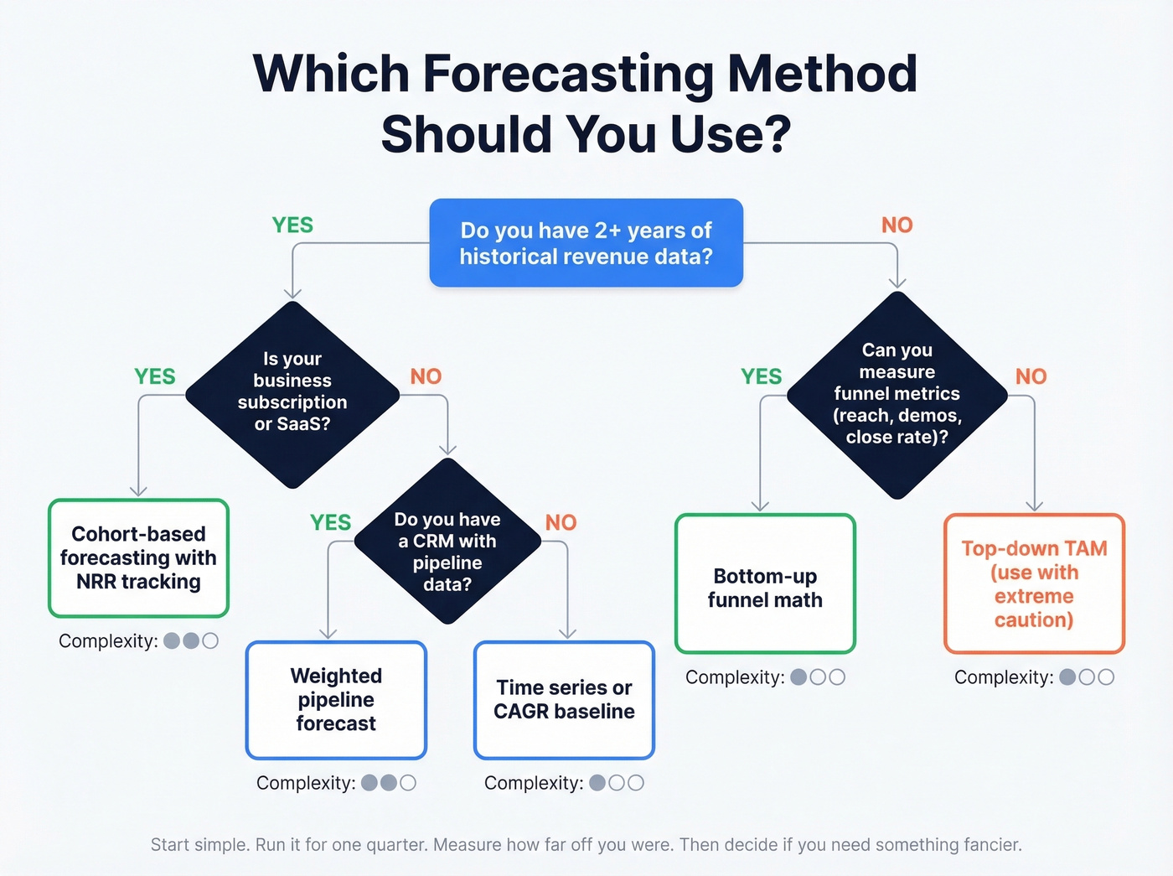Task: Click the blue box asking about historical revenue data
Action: [586, 243]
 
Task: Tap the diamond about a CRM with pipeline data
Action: [447, 541]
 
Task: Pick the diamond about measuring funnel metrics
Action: [897, 394]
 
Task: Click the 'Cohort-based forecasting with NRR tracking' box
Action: [138, 558]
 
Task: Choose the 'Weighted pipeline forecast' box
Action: [336, 700]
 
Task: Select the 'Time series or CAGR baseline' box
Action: [564, 700]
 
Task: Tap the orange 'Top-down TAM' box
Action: [1034, 584]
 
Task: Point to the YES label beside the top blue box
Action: [292, 225]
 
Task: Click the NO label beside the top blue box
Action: [897, 225]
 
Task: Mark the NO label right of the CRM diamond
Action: [561, 523]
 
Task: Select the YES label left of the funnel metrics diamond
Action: [761, 377]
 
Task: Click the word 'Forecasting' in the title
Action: [568, 74]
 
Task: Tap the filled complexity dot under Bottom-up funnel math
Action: [798, 677]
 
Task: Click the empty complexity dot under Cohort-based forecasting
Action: [210, 641]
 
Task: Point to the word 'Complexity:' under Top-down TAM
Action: [1003, 677]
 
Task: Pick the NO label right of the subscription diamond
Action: [426, 377]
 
